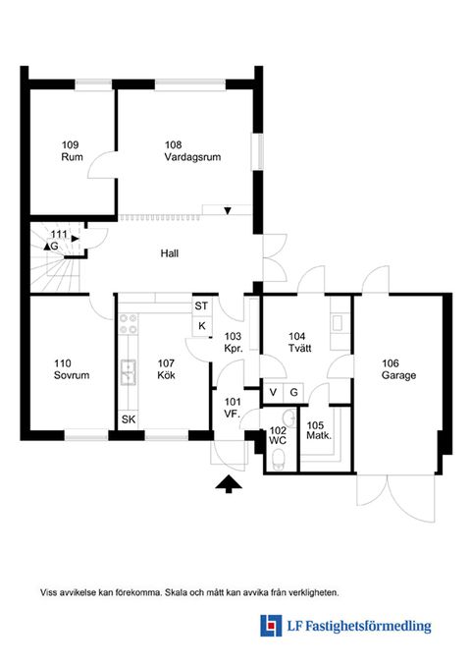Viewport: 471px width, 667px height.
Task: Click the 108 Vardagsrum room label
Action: (x=192, y=151)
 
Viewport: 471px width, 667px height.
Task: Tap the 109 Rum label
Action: (x=72, y=151)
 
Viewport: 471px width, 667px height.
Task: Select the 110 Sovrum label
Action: (x=72, y=369)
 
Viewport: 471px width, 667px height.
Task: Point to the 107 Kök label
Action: (x=166, y=369)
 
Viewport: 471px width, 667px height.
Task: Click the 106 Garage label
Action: (x=398, y=369)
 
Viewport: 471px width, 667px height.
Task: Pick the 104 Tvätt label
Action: (x=299, y=342)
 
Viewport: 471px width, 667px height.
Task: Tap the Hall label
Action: (x=169, y=253)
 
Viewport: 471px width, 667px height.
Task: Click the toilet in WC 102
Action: (x=278, y=460)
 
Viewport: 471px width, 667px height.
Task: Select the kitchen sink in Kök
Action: (x=128, y=372)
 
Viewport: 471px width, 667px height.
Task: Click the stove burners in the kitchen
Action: (x=129, y=324)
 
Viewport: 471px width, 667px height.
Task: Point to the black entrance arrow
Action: (x=229, y=484)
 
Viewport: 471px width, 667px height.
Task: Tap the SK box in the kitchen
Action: (x=129, y=419)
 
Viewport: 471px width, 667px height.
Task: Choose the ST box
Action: (x=201, y=306)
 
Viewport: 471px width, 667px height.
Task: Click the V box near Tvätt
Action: (x=274, y=392)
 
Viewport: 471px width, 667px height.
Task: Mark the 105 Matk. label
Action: (x=319, y=430)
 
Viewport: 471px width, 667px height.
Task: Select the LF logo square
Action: (x=271, y=626)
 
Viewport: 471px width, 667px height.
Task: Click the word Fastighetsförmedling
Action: (x=369, y=626)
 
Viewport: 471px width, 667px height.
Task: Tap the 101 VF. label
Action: (x=233, y=408)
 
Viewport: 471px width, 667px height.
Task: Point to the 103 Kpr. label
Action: (x=233, y=343)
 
